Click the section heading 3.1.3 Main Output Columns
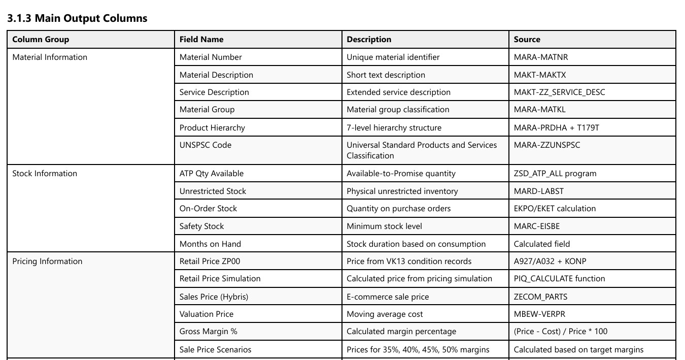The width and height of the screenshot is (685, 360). tap(77, 18)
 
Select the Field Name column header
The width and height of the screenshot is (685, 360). tap(201, 40)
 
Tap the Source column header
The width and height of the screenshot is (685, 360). tap(527, 40)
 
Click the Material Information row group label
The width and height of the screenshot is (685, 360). tap(50, 57)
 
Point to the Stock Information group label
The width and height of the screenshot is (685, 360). tap(45, 174)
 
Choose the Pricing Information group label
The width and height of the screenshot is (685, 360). tap(47, 261)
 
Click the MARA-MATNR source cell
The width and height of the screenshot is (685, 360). tap(540, 57)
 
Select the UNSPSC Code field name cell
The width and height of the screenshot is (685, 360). tap(205, 145)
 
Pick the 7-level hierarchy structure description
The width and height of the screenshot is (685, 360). tap(394, 128)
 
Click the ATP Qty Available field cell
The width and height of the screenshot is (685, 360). tap(211, 174)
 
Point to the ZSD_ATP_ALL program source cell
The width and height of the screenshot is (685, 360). tap(555, 174)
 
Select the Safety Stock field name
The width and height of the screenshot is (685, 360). tap(201, 226)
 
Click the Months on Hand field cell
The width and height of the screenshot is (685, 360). tap(210, 244)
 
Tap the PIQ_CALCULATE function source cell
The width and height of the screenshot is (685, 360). tap(559, 279)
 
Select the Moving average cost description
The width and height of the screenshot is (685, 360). tap(385, 314)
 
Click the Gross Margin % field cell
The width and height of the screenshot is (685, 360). tap(208, 332)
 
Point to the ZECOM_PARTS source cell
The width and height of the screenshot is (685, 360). tap(540, 297)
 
